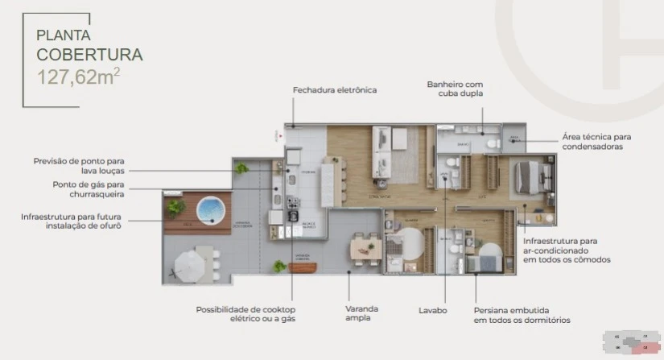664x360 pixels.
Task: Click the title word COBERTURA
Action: tap(89, 55)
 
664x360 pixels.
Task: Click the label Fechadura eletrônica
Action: tap(334, 90)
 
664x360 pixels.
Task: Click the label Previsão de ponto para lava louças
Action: tap(79, 165)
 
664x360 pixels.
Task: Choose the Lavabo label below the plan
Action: tap(433, 309)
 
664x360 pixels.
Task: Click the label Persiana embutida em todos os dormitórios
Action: tap(522, 314)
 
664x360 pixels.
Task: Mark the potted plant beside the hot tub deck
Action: tap(175, 207)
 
